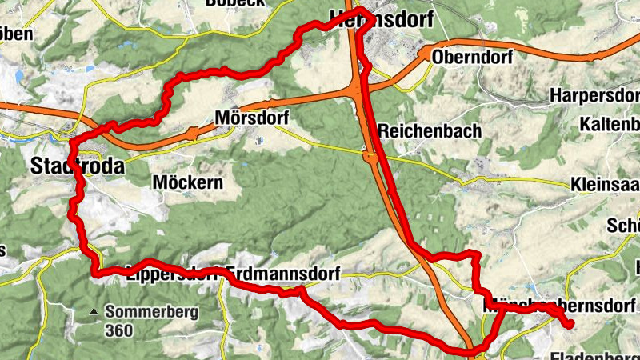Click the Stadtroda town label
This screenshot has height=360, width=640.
click(x=78, y=167)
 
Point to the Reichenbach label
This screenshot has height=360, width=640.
click(x=430, y=130)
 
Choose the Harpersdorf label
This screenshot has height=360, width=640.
click(x=594, y=95)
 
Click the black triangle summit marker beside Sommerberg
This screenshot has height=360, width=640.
click(x=94, y=312)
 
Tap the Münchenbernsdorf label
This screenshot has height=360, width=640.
click(x=559, y=306)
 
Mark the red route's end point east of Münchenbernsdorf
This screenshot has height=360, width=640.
click(x=570, y=325)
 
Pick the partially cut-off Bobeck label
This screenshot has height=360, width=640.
click(x=235, y=3)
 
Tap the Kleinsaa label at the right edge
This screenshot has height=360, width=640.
click(x=604, y=185)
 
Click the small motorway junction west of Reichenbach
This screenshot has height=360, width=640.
click(x=370, y=159)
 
